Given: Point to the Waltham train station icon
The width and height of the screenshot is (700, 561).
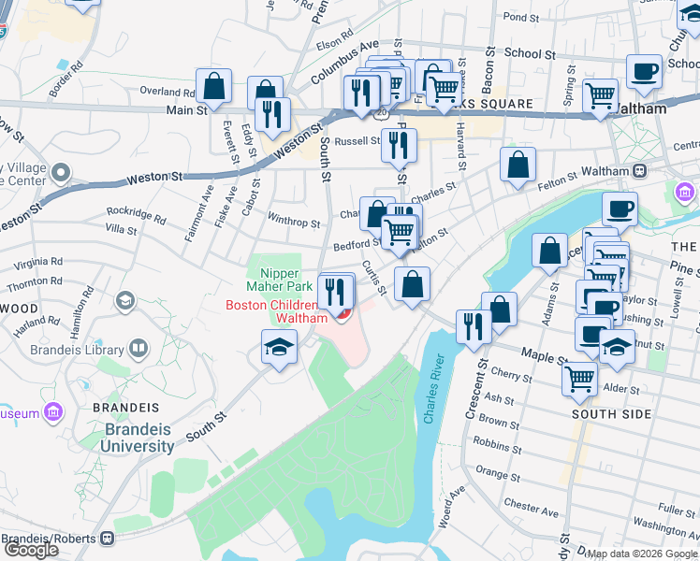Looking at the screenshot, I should [x=641, y=171].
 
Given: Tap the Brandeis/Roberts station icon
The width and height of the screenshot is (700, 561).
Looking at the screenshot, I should [x=108, y=539].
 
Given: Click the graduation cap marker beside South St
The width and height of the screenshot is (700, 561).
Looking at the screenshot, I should [x=279, y=349].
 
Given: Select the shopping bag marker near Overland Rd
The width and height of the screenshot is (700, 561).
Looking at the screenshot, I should [x=214, y=85].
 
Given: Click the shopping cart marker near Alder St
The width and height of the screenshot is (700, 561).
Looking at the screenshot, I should [x=580, y=379].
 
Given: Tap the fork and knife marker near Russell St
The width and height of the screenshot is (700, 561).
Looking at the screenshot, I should [x=400, y=145].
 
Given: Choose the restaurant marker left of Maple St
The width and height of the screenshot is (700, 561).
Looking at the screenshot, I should [x=474, y=325].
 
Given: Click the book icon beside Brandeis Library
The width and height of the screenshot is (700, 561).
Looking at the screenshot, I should [x=139, y=349].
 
